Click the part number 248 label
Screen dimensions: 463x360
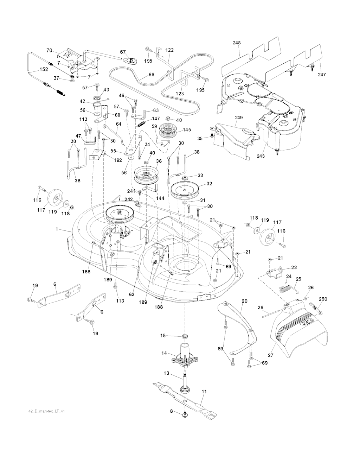point(237,43)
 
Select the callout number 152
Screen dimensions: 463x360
point(44,70)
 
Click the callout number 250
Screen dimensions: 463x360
point(322,299)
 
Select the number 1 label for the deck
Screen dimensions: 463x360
point(57,229)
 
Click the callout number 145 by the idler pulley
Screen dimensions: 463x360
point(186,130)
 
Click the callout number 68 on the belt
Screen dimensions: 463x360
point(152,75)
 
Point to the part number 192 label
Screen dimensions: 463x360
point(118,160)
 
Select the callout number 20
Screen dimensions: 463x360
point(245,301)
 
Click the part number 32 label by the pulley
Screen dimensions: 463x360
point(209,183)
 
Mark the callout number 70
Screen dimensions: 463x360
point(49,51)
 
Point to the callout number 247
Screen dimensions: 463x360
point(321,75)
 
